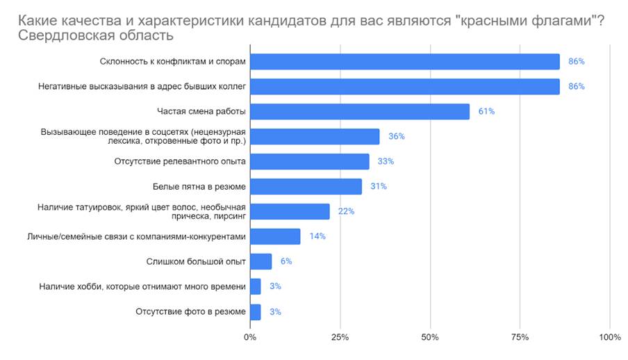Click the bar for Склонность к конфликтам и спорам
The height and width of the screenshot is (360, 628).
(x=404, y=62)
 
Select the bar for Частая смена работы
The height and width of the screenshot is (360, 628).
(x=360, y=112)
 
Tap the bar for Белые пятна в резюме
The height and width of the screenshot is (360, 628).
(x=306, y=186)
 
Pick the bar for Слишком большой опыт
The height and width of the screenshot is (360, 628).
(x=261, y=261)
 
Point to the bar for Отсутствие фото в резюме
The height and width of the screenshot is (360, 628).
(x=255, y=311)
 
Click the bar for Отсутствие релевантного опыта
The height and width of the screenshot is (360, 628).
(x=309, y=161)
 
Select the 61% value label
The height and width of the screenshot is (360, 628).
(x=486, y=112)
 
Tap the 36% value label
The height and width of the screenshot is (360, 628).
(x=397, y=137)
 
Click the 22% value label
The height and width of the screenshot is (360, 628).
(x=346, y=211)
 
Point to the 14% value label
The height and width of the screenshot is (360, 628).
(x=317, y=236)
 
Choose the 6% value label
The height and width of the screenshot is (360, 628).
(x=286, y=261)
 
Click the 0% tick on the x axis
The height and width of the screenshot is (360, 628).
(x=250, y=337)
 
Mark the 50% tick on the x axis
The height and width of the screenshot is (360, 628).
(x=430, y=337)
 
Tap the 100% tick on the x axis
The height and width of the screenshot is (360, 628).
(x=609, y=337)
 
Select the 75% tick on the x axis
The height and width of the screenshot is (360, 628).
(x=520, y=337)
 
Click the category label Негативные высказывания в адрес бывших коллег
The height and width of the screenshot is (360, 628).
(x=141, y=87)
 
